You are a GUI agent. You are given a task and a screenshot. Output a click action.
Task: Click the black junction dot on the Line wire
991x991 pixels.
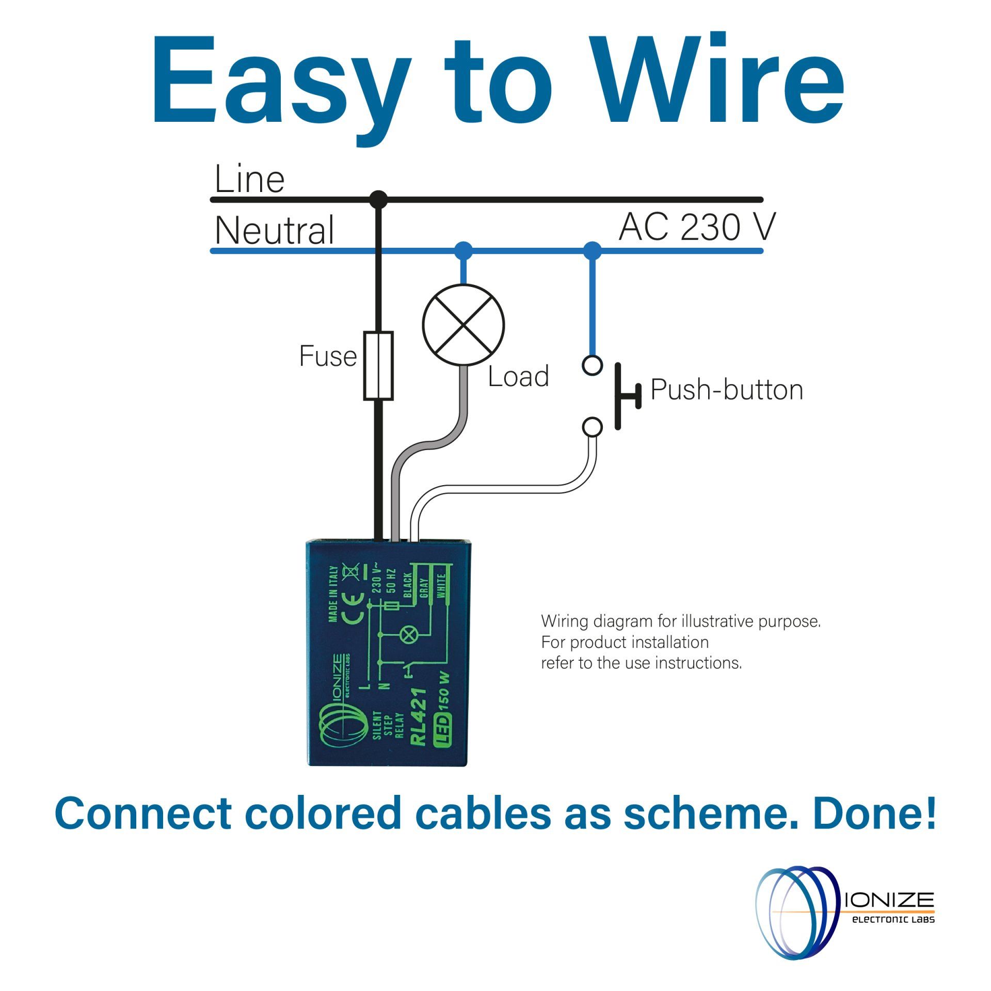click(x=379, y=199)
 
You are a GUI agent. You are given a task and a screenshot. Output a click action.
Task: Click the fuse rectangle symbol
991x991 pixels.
click(x=378, y=366)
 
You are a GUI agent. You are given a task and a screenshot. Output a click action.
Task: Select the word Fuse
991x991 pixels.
click(x=328, y=356)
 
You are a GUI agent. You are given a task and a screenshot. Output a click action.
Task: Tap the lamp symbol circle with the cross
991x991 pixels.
click(x=463, y=325)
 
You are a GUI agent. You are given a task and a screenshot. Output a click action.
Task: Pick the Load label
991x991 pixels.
click(x=518, y=376)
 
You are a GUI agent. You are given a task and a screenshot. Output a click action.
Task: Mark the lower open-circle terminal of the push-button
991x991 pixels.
click(x=592, y=427)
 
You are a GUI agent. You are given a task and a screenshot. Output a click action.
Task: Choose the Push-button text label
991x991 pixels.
click(x=727, y=390)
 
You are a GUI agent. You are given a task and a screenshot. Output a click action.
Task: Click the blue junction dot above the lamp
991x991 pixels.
click(x=463, y=250)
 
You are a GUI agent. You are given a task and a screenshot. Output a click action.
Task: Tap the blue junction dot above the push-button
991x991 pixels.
click(x=592, y=250)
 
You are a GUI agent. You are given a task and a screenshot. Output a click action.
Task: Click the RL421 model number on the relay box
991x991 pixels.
click(x=418, y=717)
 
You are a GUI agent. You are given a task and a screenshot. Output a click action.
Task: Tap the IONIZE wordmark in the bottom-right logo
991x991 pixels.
click(x=889, y=900)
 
